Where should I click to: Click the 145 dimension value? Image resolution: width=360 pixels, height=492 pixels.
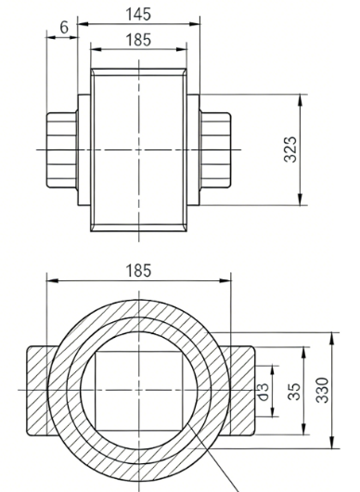click(x=138, y=14)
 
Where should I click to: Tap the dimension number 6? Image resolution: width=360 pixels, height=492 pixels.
click(x=64, y=27)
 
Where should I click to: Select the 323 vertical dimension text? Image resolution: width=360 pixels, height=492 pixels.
click(x=290, y=149)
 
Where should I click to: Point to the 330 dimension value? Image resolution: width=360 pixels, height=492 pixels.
click(x=322, y=390)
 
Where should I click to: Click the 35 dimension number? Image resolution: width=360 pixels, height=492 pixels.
click(x=294, y=391)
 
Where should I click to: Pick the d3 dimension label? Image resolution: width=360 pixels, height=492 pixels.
click(x=264, y=392)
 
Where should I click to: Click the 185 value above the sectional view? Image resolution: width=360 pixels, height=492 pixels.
click(x=138, y=270)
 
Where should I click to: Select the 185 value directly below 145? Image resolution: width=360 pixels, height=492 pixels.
click(x=138, y=40)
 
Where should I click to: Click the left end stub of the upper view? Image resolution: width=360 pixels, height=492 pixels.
click(x=62, y=150)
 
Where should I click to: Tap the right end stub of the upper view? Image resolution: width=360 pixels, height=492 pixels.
click(x=215, y=150)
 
